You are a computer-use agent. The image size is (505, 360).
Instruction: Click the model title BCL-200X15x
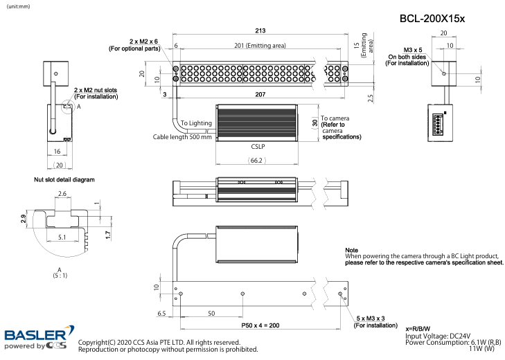[x=432, y=19]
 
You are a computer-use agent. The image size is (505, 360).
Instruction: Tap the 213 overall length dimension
[x=260, y=30]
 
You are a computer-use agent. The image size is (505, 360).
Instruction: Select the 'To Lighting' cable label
[x=195, y=123]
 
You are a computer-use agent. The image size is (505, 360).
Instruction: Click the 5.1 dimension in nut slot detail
[x=63, y=237]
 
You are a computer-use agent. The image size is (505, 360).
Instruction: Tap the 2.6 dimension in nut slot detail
[x=62, y=194]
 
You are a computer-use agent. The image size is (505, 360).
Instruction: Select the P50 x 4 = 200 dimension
[x=260, y=325]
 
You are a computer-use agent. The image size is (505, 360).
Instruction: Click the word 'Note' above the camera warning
[x=351, y=249]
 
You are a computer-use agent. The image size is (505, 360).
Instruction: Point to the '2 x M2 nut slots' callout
[x=96, y=90]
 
